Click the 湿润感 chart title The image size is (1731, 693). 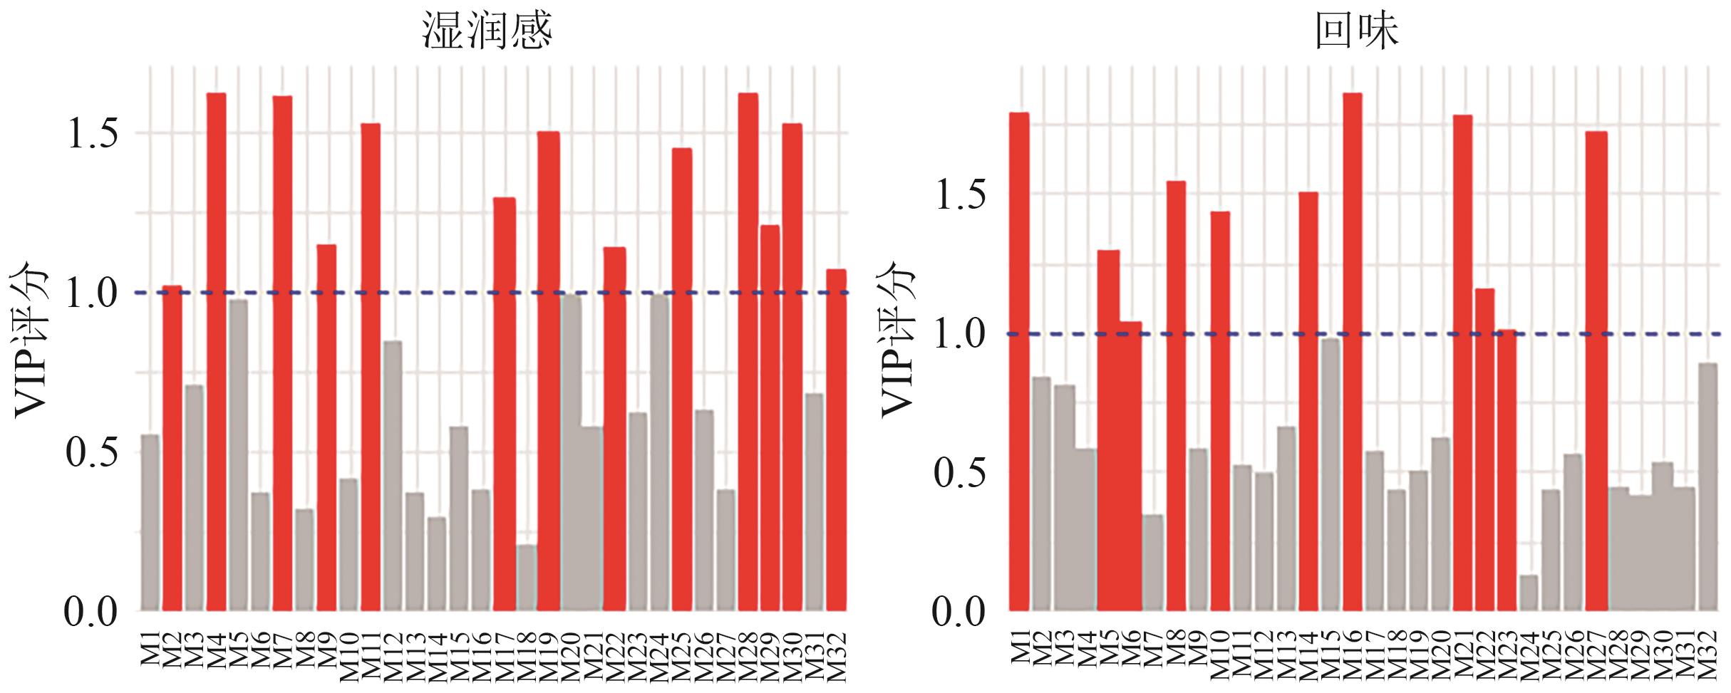[487, 32]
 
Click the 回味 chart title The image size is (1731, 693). [1357, 32]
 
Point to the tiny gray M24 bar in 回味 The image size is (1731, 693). [1529, 593]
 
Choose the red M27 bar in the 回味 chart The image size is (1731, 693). [1597, 370]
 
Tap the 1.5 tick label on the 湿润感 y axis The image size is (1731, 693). [93, 134]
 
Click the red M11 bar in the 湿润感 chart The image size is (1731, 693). [371, 367]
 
